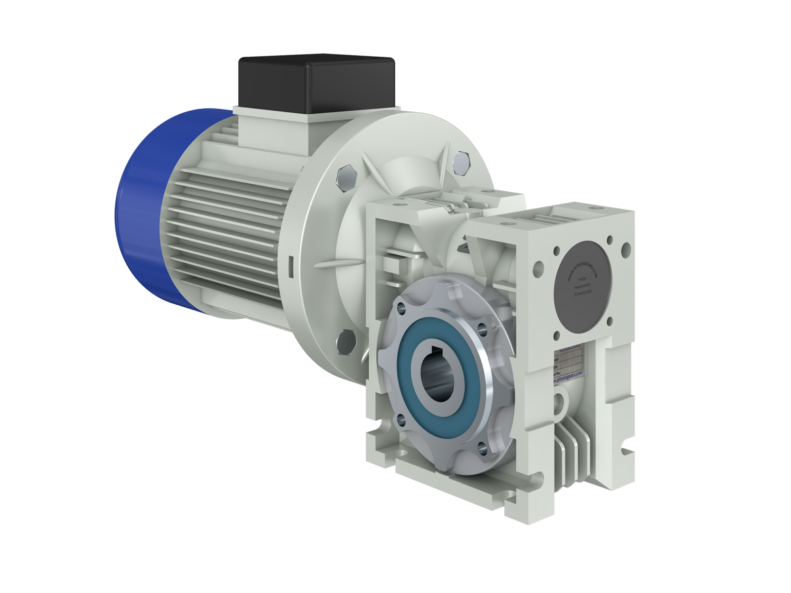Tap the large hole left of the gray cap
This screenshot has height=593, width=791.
pos(539,268)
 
